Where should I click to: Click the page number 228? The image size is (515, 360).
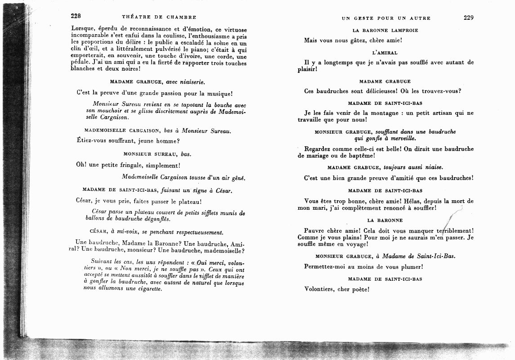click(x=76, y=17)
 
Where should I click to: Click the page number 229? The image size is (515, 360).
click(x=468, y=18)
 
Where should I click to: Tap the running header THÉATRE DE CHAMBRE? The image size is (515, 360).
click(x=159, y=18)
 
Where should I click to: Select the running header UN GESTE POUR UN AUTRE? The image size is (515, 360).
click(x=386, y=18)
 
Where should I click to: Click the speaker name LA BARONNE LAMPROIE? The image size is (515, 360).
click(x=385, y=31)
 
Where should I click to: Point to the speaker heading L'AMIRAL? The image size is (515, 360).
click(x=385, y=53)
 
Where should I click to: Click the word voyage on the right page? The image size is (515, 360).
click(x=355, y=244)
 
